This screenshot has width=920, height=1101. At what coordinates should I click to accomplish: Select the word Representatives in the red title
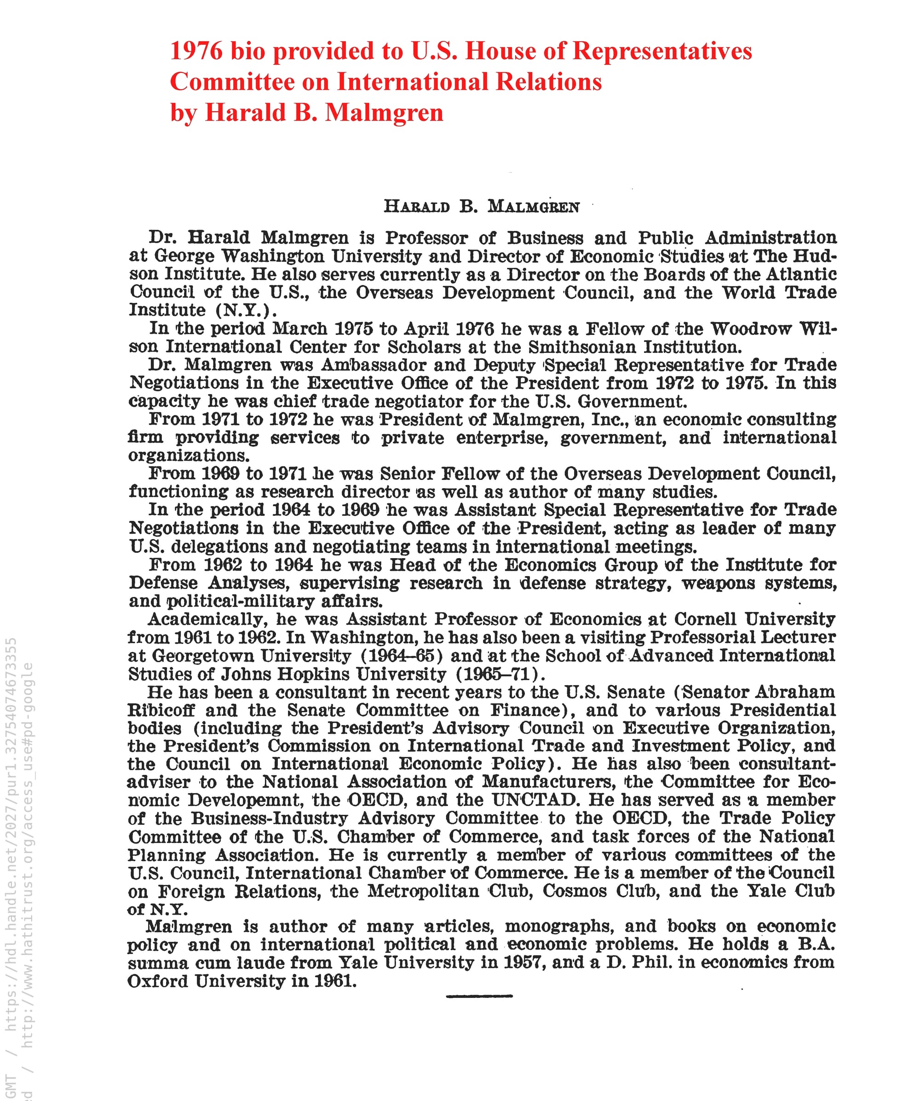tap(662, 51)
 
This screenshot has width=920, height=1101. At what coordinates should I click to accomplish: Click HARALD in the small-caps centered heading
tap(416, 207)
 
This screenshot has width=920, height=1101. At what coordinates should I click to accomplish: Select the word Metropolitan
tap(423, 891)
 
